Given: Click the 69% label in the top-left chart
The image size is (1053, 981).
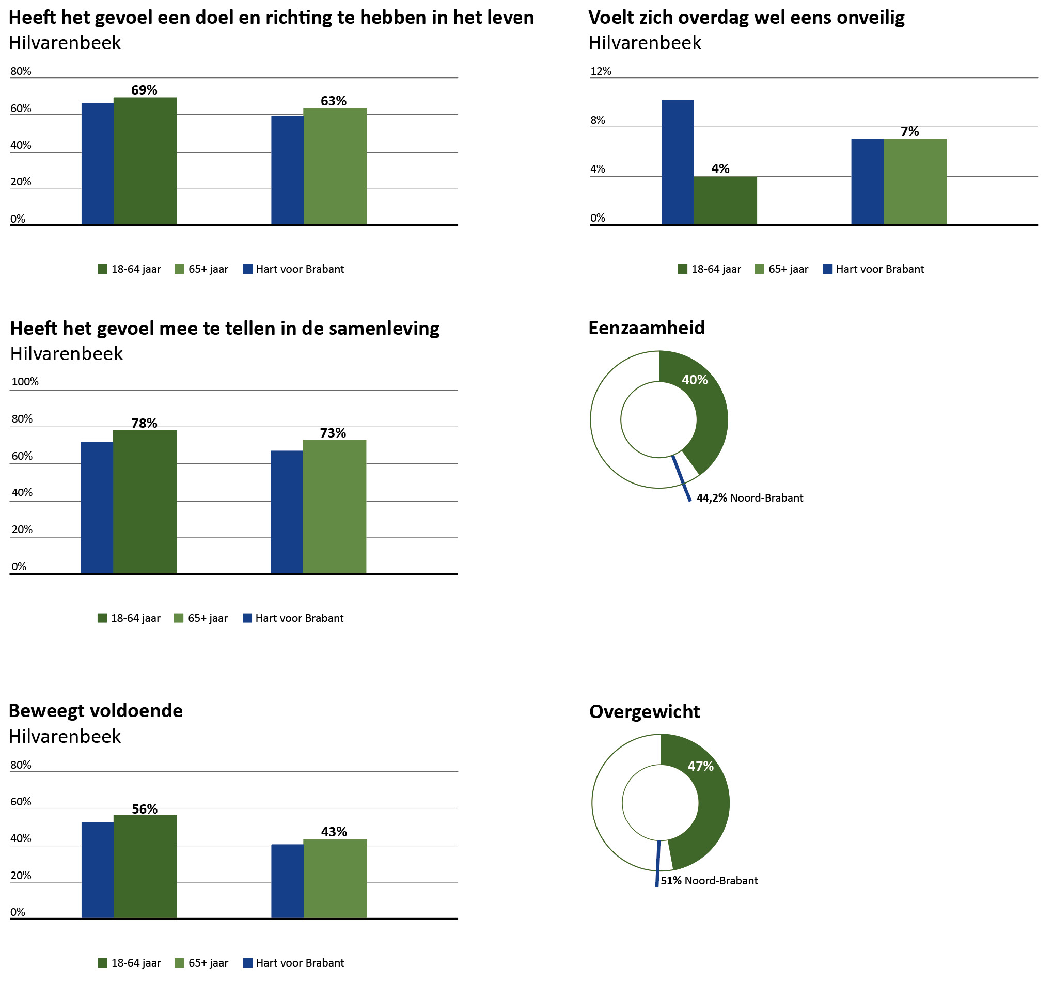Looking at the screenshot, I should [x=144, y=90].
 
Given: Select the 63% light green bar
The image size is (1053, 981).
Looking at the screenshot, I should [x=335, y=166].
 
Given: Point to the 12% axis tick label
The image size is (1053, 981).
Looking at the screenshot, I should [x=601, y=71].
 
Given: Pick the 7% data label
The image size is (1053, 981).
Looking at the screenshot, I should [x=909, y=131].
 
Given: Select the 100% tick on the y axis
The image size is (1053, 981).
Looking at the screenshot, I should [x=25, y=381].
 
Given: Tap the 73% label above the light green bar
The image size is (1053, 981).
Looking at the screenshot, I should [x=333, y=433].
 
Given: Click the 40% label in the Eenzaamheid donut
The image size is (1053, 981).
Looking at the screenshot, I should [x=695, y=380].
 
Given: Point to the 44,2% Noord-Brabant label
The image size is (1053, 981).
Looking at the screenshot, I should [x=749, y=498].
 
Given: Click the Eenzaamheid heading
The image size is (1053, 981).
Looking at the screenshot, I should [x=647, y=328].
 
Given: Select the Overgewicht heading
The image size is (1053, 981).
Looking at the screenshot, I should [x=644, y=711].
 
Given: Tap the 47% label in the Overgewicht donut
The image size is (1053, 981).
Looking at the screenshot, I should [x=700, y=766].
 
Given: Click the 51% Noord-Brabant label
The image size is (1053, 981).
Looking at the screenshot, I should [x=709, y=880].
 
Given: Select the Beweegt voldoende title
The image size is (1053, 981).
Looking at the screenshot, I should [x=96, y=710].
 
